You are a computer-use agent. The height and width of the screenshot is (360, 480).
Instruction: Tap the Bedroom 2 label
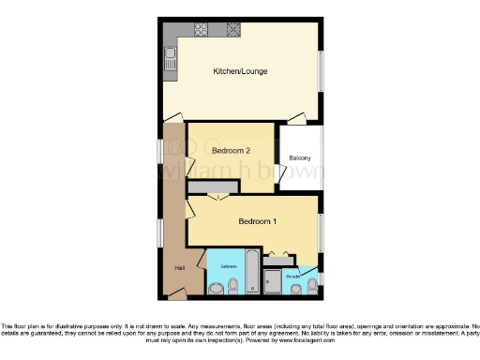[x=230, y=151]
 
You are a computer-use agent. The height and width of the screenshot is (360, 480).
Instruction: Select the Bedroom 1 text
[x=256, y=221]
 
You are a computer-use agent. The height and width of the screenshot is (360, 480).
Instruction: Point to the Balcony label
[x=300, y=158]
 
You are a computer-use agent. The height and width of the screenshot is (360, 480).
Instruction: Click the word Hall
[x=179, y=269]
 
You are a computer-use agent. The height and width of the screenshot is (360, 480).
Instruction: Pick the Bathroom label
[x=229, y=266]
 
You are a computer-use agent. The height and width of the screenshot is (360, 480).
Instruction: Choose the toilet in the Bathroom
[x=232, y=285]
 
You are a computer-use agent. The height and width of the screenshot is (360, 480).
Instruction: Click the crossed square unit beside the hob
[x=231, y=29]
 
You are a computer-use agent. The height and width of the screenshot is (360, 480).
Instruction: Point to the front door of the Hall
[x=177, y=293]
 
